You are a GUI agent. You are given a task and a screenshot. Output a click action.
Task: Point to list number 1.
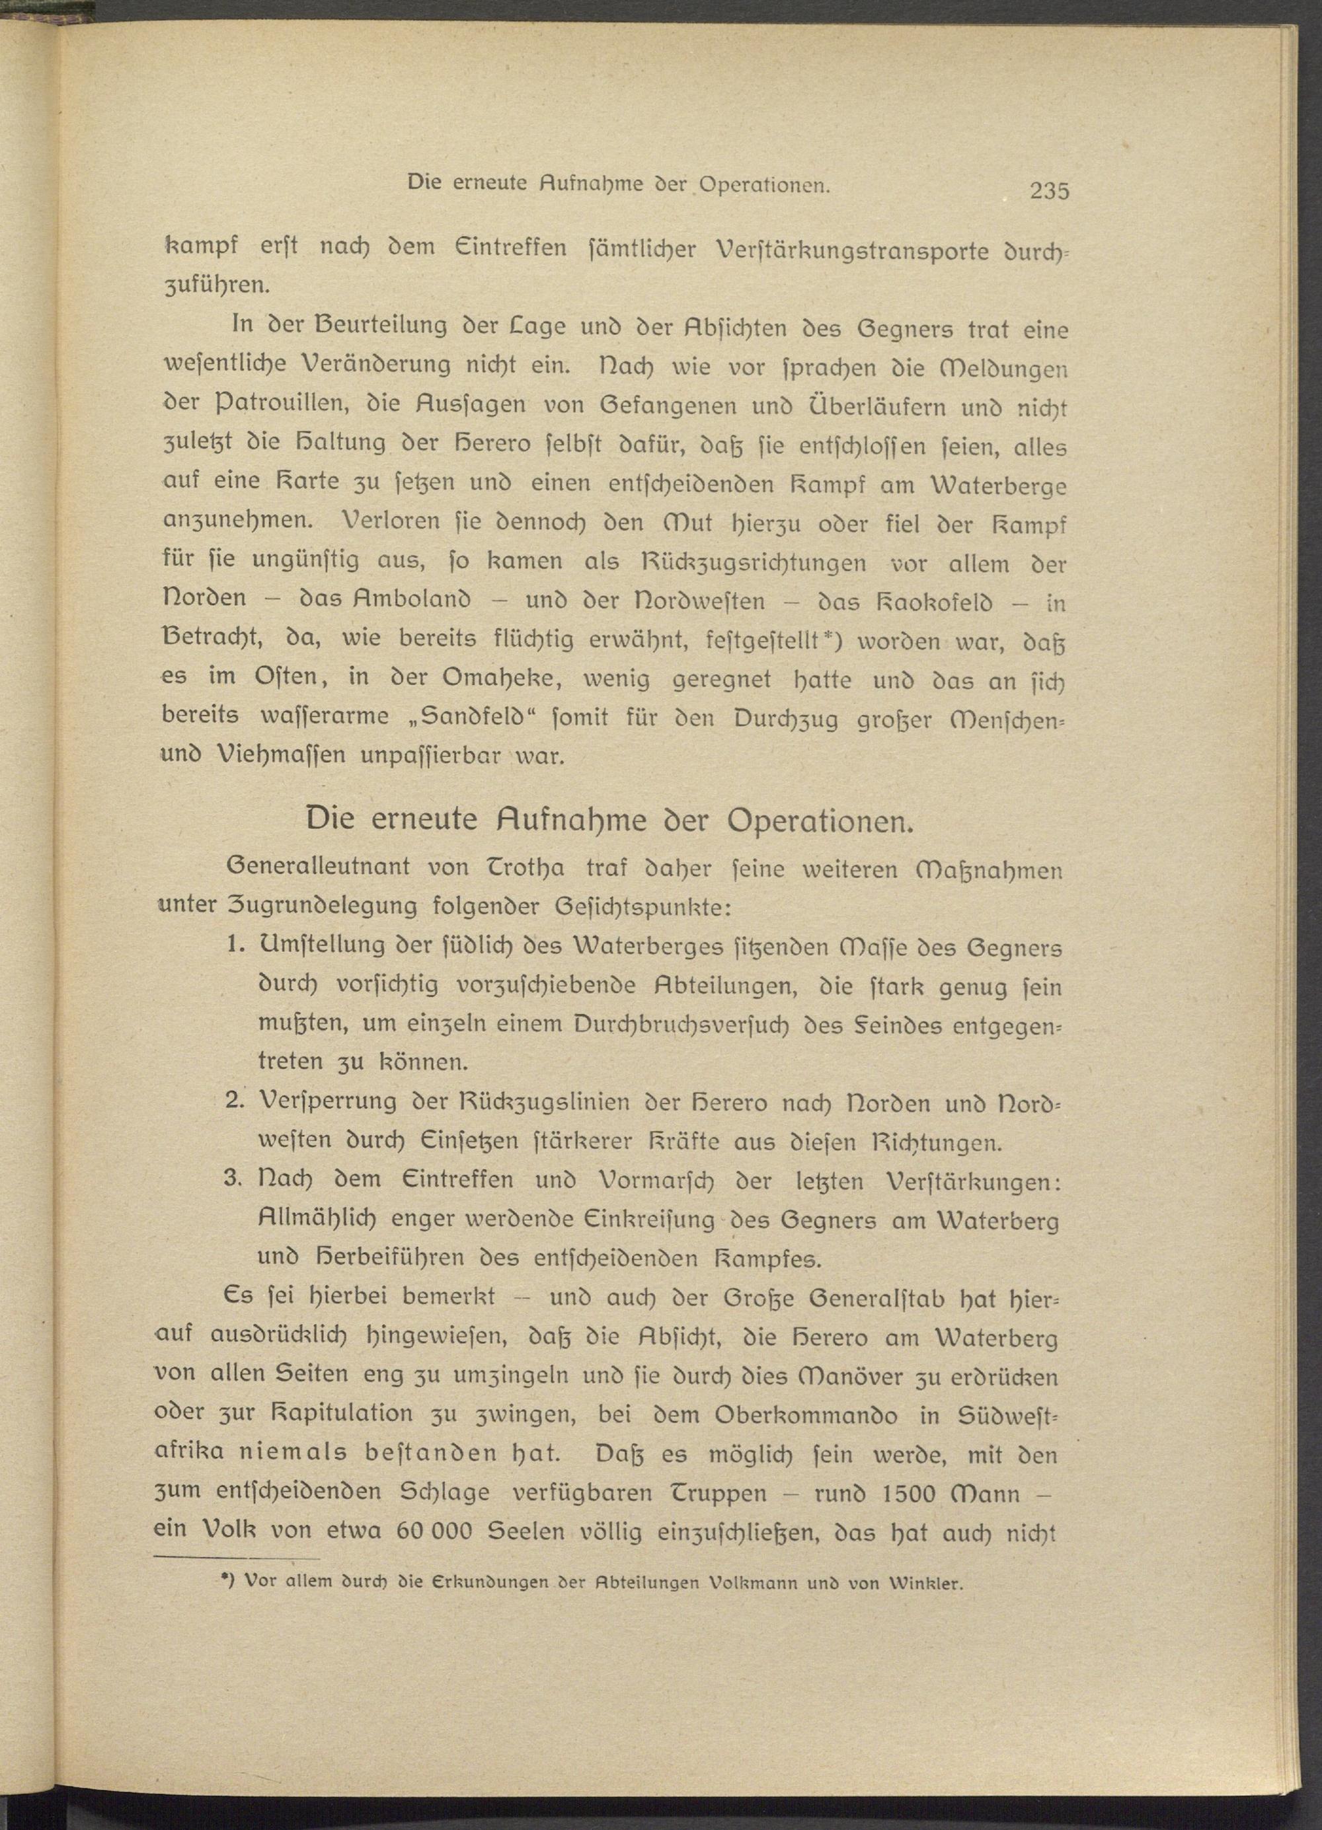tap(237, 947)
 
